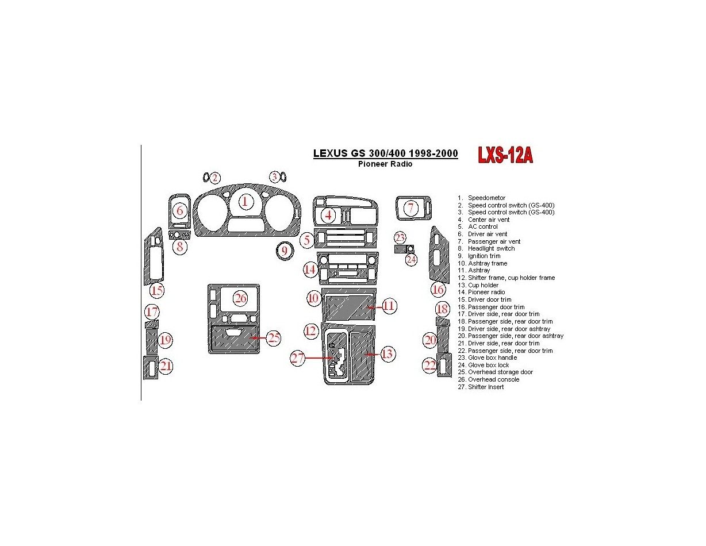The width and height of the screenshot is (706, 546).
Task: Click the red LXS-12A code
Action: coord(505,155)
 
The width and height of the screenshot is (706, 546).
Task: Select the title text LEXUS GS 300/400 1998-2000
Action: coord(385,153)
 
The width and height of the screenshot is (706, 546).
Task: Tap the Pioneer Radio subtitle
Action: coord(385,164)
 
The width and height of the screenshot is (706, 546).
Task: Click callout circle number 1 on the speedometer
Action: coord(245,201)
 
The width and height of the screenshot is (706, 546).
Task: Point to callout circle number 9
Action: coord(284,251)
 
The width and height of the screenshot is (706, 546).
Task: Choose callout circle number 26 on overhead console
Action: coord(240,298)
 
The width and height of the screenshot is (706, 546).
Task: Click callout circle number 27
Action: coord(297,358)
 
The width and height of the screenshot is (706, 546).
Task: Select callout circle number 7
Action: coord(410,208)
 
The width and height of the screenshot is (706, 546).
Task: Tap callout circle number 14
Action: coord(310,269)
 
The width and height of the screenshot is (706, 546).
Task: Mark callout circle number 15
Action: coord(157,291)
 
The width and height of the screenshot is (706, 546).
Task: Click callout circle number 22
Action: coord(430,365)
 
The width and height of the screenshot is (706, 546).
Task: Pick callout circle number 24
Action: coord(411,260)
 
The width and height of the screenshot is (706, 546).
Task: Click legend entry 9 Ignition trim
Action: coord(479,256)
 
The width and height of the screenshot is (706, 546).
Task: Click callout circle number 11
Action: coord(389,306)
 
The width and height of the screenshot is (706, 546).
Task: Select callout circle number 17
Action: coord(152,312)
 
